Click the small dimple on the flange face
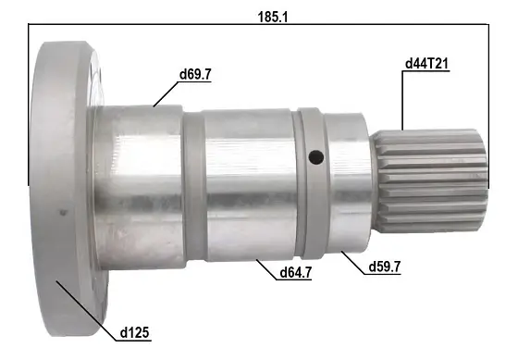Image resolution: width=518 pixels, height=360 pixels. coord(63,212)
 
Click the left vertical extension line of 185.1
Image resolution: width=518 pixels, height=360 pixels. coord(31,102)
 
